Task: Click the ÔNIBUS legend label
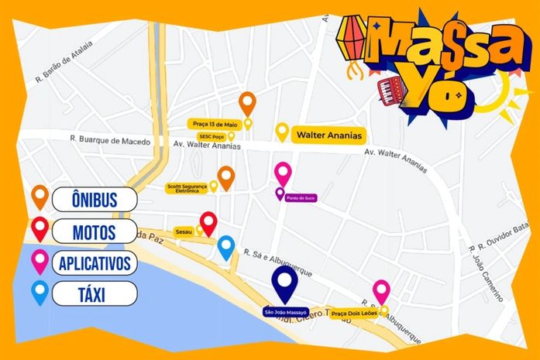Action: [95, 200]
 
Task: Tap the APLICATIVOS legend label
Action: [95, 262]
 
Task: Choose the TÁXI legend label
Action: [95, 293]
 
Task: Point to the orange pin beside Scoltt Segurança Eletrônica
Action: [225, 177]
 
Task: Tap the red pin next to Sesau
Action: [208, 222]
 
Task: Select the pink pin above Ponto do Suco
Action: [283, 173]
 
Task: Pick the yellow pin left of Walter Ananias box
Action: [282, 132]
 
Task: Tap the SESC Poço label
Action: [212, 136]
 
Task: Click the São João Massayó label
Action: [286, 312]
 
